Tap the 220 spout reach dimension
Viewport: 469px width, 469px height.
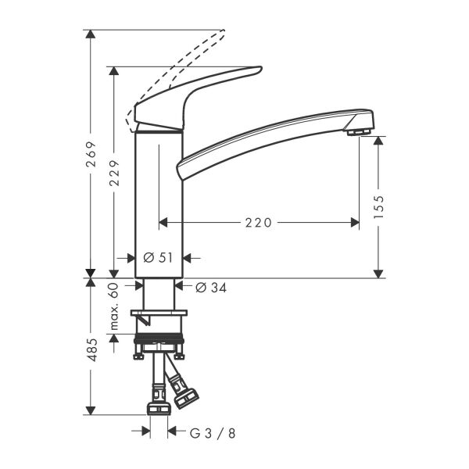[258, 223]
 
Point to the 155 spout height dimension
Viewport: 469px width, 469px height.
[379, 208]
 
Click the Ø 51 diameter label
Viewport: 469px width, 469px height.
[159, 257]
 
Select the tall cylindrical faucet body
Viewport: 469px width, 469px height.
[159, 203]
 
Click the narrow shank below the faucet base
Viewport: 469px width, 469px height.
[159, 294]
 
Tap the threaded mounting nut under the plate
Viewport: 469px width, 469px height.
[159, 342]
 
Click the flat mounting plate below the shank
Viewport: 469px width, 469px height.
[159, 315]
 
